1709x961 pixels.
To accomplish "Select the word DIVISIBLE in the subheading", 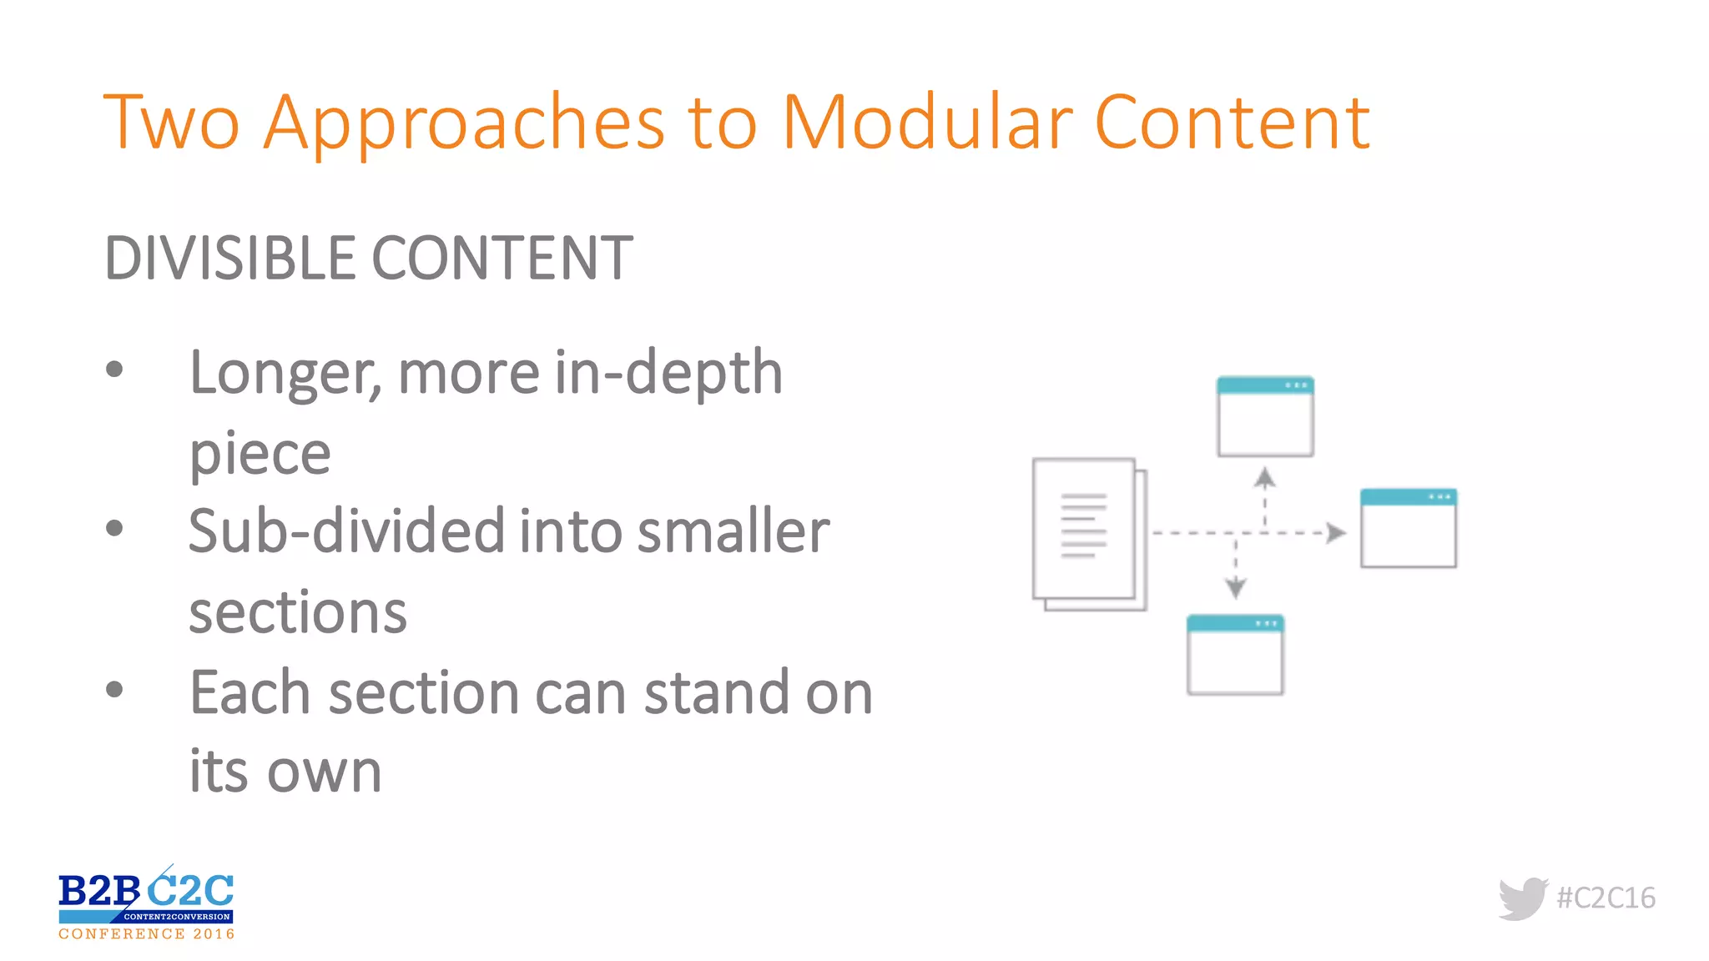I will tap(230, 258).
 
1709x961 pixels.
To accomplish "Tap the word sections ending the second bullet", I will tap(298, 612).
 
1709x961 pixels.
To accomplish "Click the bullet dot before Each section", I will tap(115, 690).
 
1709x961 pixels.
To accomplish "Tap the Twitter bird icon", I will tap(1522, 898).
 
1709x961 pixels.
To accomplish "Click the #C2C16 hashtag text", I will tap(1606, 898).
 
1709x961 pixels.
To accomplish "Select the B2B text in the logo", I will tap(98, 891).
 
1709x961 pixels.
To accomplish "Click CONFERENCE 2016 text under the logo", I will tap(147, 934).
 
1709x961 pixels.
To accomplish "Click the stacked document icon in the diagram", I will tap(1088, 534).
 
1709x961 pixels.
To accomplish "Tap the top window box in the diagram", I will tap(1265, 416).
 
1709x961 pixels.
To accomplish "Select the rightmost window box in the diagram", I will tap(1408, 528).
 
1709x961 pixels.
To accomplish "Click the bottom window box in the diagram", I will tap(1235, 656).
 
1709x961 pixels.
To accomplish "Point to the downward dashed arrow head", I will tap(1236, 588).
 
